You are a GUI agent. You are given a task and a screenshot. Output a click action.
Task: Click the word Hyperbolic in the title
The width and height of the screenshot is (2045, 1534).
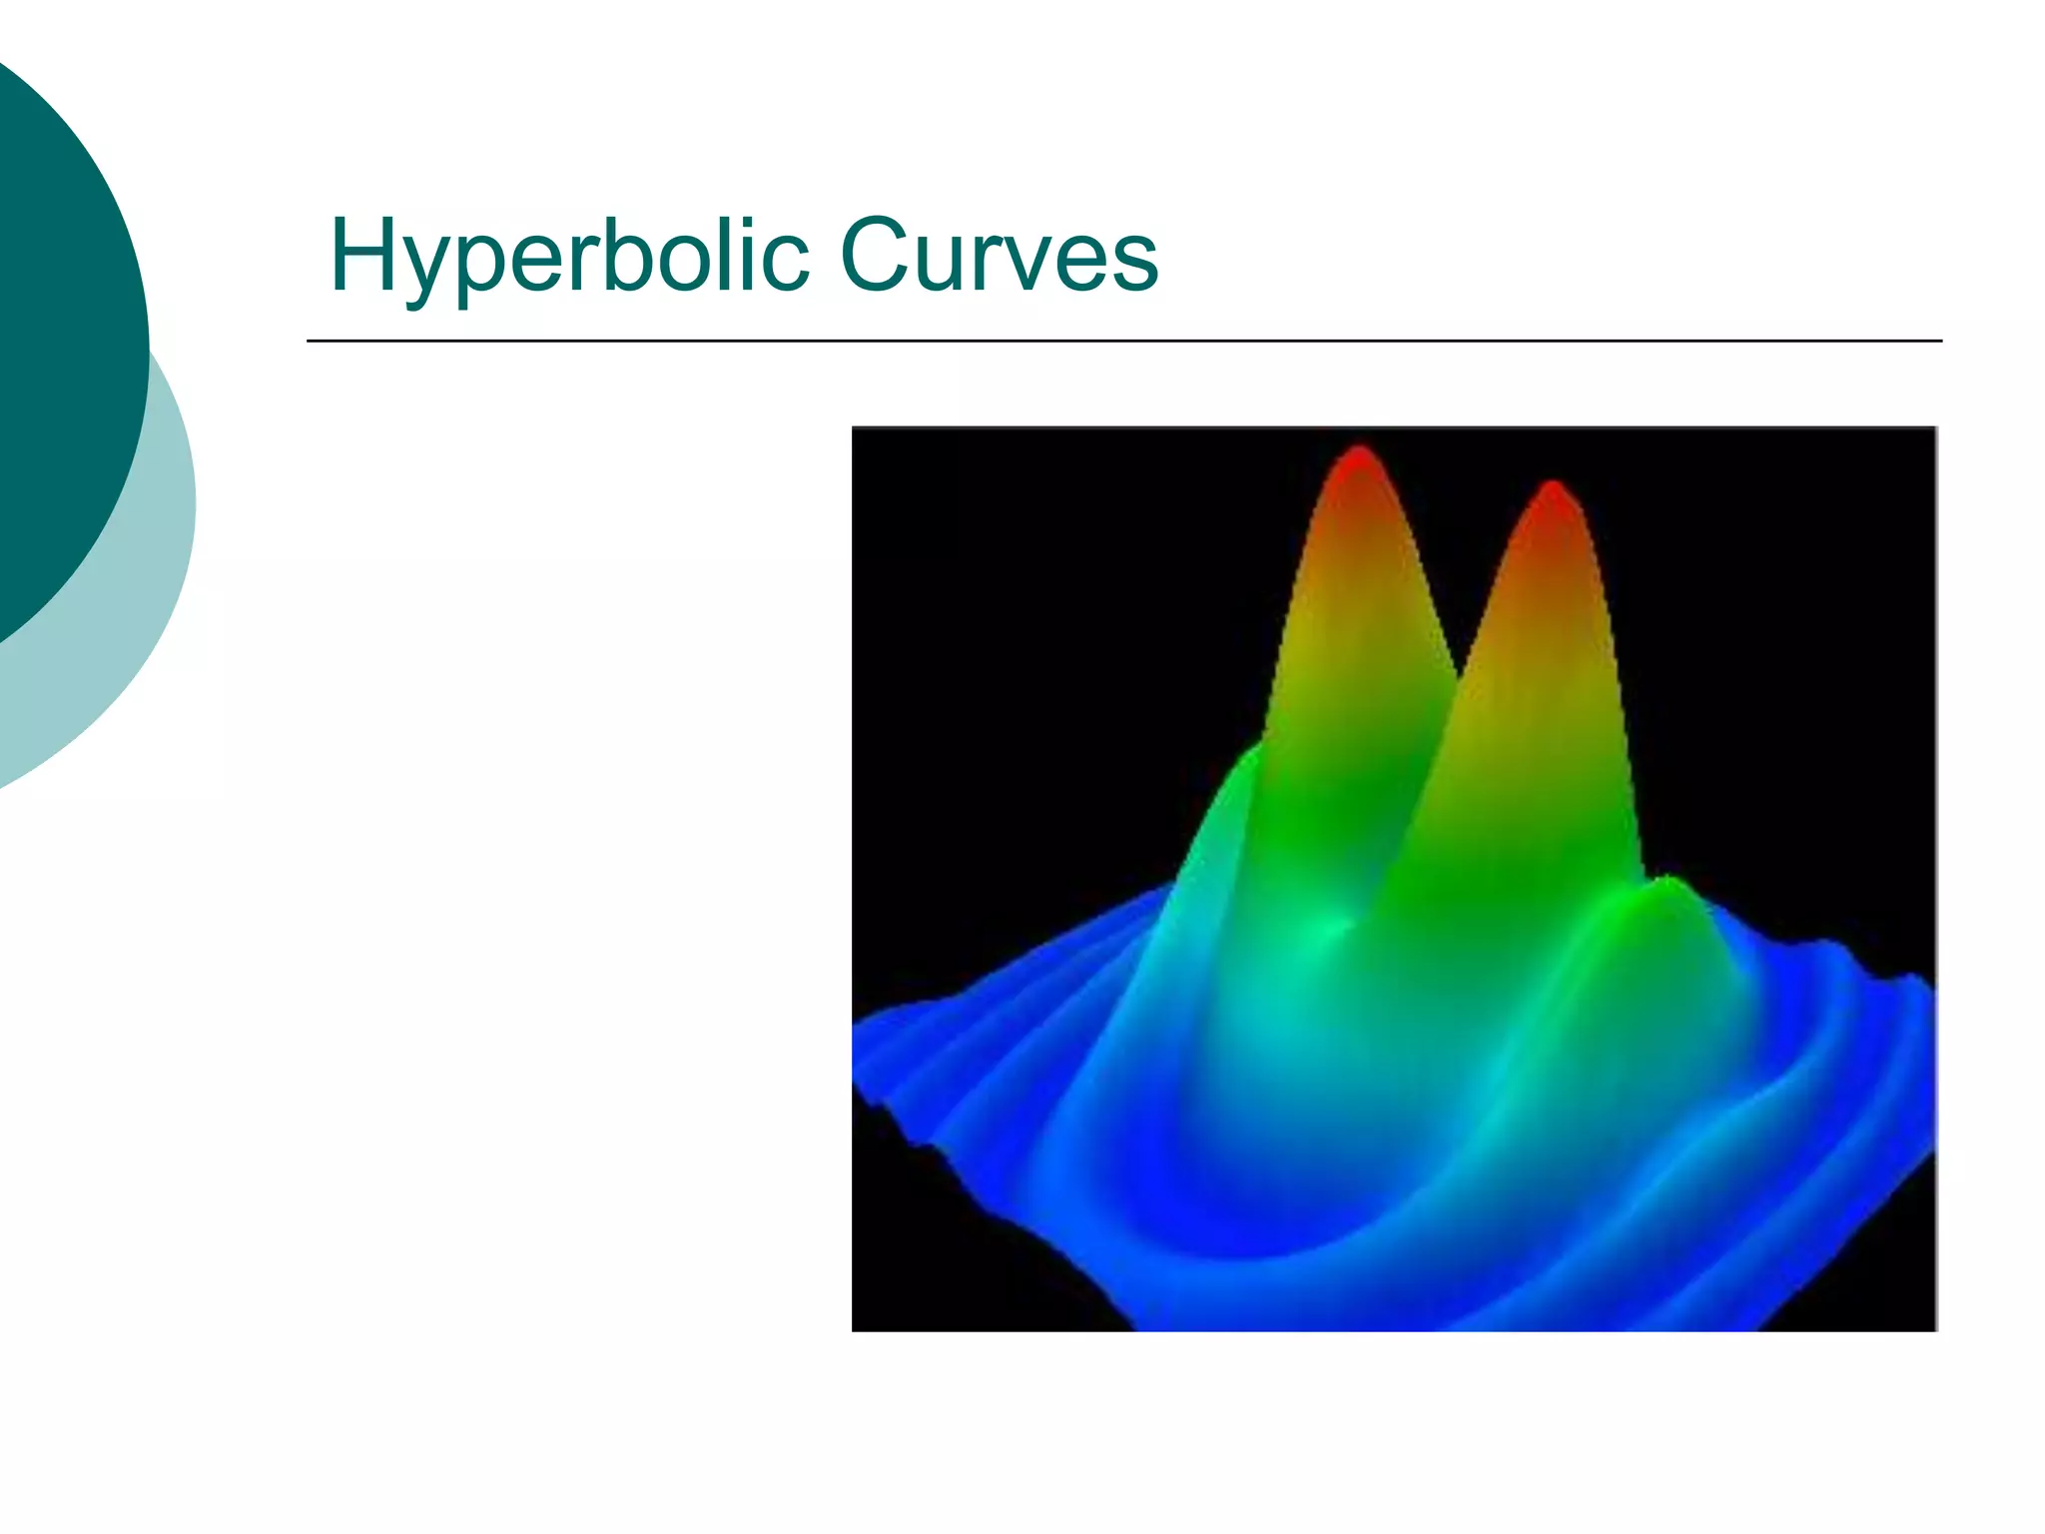click(568, 257)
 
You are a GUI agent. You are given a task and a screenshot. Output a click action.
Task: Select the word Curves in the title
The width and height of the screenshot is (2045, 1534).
click(999, 257)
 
